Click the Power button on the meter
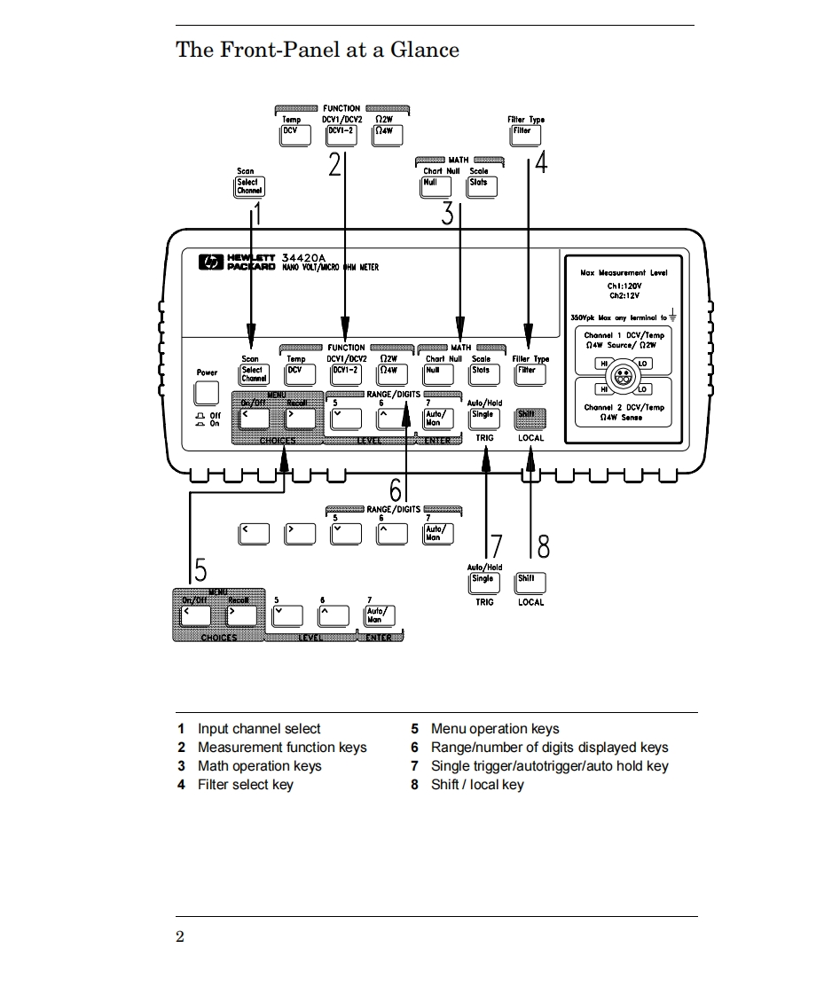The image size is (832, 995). [207, 393]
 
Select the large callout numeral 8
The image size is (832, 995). [544, 547]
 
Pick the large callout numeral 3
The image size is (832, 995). [448, 212]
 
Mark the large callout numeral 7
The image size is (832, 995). [497, 547]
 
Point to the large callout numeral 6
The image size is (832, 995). [396, 489]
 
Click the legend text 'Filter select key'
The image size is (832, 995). [245, 785]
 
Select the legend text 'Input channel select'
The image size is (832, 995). [259, 729]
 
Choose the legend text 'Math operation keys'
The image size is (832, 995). [259, 766]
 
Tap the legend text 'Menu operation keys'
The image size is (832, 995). [495, 729]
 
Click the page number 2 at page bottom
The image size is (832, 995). [180, 937]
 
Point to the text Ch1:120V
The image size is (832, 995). [624, 286]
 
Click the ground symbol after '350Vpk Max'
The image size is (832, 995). [674, 316]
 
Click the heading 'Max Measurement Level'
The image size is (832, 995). [624, 273]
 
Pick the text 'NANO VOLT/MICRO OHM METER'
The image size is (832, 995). [330, 267]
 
